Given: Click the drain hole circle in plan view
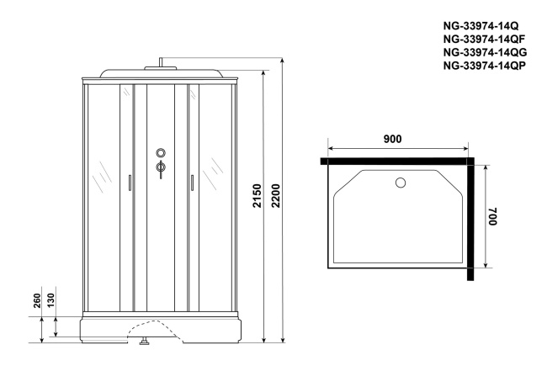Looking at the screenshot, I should [x=401, y=182].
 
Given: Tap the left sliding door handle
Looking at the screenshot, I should [x=129, y=183].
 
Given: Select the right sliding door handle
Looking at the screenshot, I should [x=192, y=183].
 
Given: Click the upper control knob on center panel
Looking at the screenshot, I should [x=160, y=153].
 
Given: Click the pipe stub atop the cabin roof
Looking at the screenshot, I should [x=160, y=61].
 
